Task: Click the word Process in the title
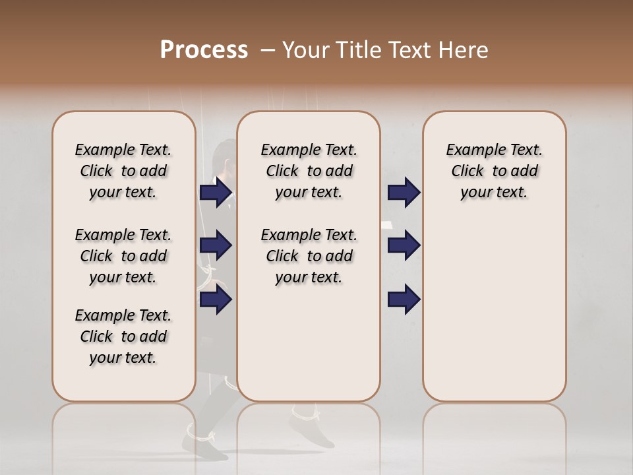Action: [204, 50]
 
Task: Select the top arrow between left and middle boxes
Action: [216, 192]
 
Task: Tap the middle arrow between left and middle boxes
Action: [216, 246]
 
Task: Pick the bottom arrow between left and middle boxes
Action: [216, 300]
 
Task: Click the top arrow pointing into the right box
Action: [404, 192]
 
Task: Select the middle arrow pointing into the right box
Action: [404, 246]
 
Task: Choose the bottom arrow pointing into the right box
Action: [404, 300]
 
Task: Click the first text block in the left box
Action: [123, 171]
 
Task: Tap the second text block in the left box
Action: [123, 256]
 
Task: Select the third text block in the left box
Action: [123, 336]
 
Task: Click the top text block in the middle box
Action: [309, 171]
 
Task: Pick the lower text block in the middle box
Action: [309, 256]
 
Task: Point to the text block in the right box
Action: [494, 171]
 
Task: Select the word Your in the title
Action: [306, 50]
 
